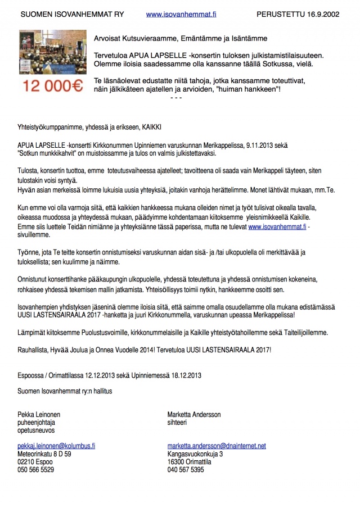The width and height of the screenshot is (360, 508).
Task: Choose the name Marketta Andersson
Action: pos(194,414)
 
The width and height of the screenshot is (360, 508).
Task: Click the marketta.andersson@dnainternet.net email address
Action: pos(217,446)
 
